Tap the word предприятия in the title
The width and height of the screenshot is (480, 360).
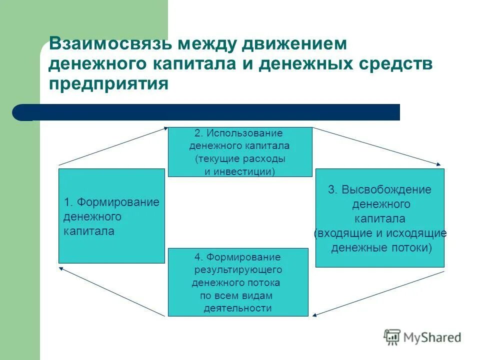coord(108,82)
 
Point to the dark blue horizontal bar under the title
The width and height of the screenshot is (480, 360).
coord(210,112)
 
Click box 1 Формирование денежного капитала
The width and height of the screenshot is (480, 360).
coord(111,216)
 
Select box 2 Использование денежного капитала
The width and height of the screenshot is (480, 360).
coord(239,152)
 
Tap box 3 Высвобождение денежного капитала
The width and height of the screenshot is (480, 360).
coord(379,218)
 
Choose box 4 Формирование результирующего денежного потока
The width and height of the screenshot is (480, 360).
coord(238,282)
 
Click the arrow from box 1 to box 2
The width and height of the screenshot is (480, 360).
coord(113,146)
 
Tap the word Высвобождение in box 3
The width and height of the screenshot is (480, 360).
coord(386,190)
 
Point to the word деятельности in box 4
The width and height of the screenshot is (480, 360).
coord(237,308)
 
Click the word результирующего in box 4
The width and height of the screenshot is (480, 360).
coord(238,269)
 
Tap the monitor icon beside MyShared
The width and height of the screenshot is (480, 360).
coord(392,337)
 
